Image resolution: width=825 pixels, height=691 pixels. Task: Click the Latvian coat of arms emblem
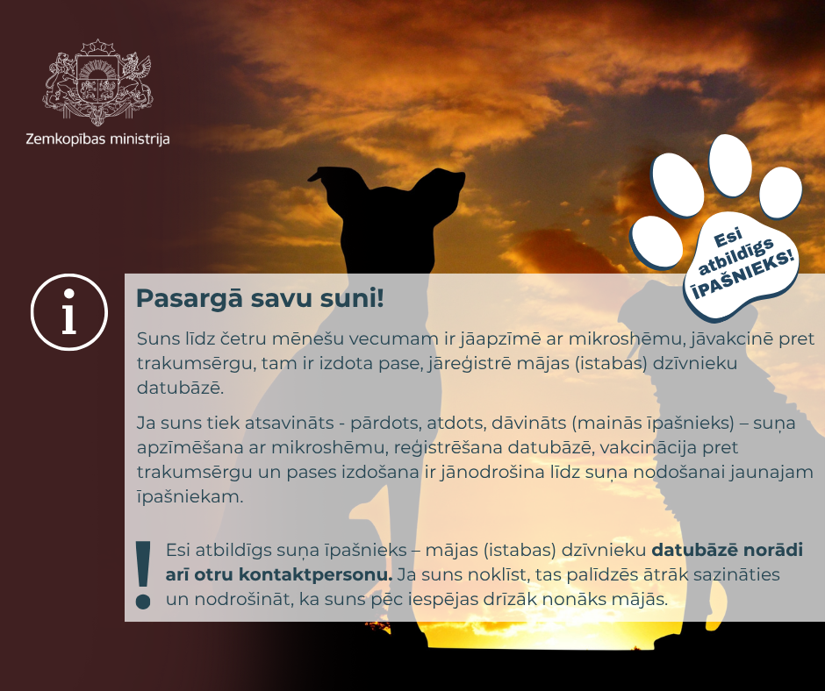click(x=98, y=82)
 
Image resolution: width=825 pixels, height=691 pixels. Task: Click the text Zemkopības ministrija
click(x=98, y=139)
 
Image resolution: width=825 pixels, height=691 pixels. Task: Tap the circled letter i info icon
click(x=69, y=312)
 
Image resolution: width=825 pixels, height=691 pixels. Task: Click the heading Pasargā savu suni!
click(x=260, y=299)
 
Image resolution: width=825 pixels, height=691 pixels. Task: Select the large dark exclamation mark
click(x=143, y=574)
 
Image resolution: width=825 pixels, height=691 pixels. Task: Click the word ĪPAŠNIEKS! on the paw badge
click(x=742, y=275)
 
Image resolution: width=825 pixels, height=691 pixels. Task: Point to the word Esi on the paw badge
click(x=728, y=237)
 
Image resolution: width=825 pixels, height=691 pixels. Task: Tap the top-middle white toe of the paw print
click(x=730, y=166)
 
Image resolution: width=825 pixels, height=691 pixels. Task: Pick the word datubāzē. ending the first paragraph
click(x=181, y=388)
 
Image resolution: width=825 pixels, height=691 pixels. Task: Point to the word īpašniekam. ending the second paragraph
click(x=190, y=496)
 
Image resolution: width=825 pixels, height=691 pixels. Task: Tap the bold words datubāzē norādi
click(x=727, y=550)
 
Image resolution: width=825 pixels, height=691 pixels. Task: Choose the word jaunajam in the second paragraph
click(x=771, y=473)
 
